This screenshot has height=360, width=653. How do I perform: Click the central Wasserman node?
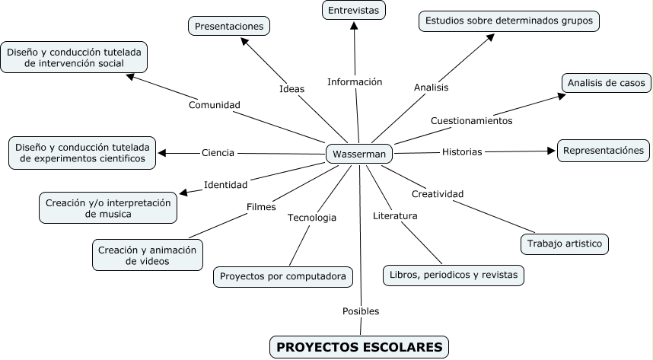tap(359, 154)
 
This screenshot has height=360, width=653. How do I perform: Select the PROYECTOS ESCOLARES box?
tap(359, 347)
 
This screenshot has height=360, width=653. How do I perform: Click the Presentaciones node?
tap(229, 26)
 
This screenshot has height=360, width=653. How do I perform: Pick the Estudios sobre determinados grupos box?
tap(509, 21)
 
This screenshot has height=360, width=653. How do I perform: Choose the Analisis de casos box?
tap(607, 82)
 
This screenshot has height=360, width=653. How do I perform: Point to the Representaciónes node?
tap(604, 151)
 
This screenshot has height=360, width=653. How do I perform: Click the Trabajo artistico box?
tap(565, 244)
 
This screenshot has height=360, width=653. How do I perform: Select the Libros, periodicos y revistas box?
tap(454, 274)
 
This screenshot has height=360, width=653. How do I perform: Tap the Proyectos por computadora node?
tap(283, 276)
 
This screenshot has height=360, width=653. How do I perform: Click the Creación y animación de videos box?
tap(148, 255)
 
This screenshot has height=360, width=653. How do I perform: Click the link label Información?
tap(355, 81)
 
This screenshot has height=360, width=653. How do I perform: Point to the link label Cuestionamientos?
tap(472, 120)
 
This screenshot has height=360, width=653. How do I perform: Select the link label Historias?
tap(462, 151)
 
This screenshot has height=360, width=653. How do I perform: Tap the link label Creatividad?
tap(438, 193)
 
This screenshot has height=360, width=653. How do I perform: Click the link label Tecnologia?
tap(312, 218)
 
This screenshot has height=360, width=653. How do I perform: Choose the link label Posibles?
tap(361, 311)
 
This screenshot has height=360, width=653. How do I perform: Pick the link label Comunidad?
tap(215, 104)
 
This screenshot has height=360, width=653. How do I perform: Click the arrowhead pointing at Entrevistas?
tap(354, 25)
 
